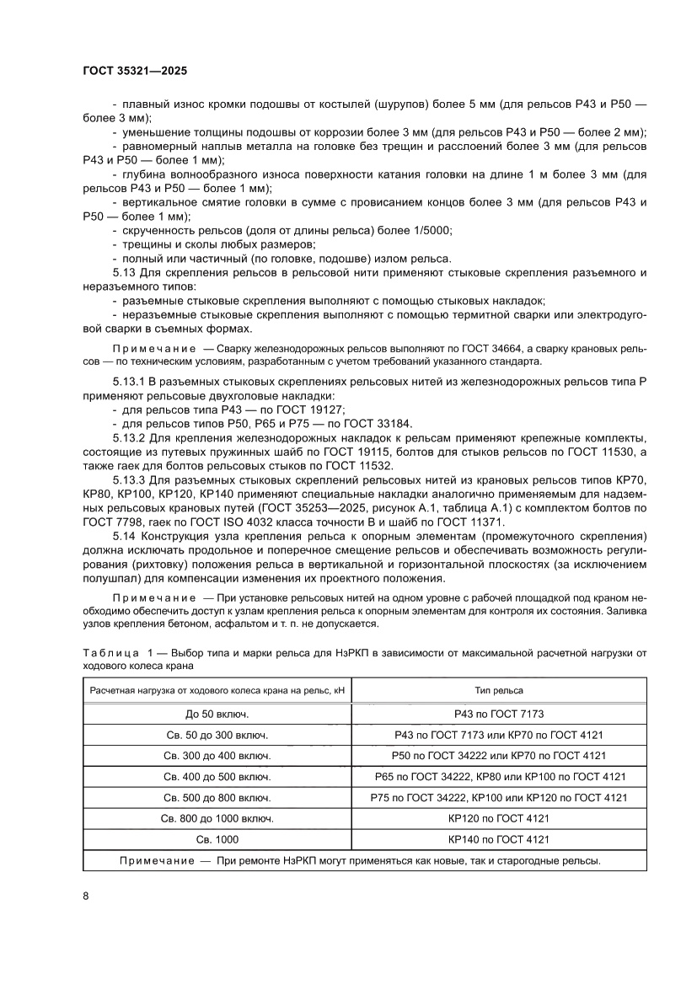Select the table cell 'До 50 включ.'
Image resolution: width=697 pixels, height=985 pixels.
point(216,712)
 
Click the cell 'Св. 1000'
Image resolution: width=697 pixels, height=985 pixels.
point(216,838)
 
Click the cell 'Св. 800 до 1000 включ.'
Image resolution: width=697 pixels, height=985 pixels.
point(216,817)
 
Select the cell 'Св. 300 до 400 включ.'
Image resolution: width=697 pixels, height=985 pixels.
point(216,755)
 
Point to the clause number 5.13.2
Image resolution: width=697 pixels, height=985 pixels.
point(131,438)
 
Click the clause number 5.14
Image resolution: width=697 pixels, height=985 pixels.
point(126,536)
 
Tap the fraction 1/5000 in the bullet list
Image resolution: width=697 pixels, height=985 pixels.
point(432,230)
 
